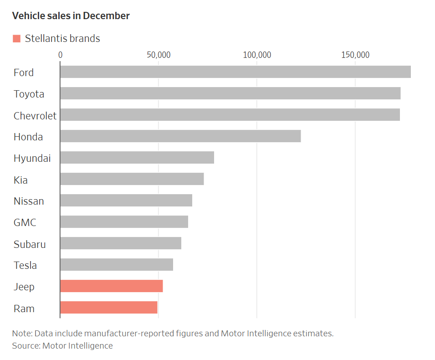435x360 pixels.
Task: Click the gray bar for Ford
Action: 235,72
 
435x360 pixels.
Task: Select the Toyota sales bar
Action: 230,93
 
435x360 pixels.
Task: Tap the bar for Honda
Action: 180,136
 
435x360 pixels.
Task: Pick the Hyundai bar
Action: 137,158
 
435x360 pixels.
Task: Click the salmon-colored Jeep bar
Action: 111,286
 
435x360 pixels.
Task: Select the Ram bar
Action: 108,308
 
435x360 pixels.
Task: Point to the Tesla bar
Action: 116,265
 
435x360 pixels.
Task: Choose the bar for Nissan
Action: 126,201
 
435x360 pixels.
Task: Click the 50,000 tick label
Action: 159,55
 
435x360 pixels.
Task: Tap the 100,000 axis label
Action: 257,55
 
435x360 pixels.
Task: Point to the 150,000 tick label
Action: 355,55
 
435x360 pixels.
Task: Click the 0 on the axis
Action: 60,55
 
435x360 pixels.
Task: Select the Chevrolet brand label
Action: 35,116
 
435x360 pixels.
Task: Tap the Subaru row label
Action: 30,244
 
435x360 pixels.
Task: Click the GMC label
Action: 25,223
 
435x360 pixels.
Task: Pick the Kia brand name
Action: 20,180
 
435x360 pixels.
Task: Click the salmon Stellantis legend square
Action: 17,39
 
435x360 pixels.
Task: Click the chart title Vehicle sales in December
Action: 71,16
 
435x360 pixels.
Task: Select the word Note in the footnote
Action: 21,334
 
